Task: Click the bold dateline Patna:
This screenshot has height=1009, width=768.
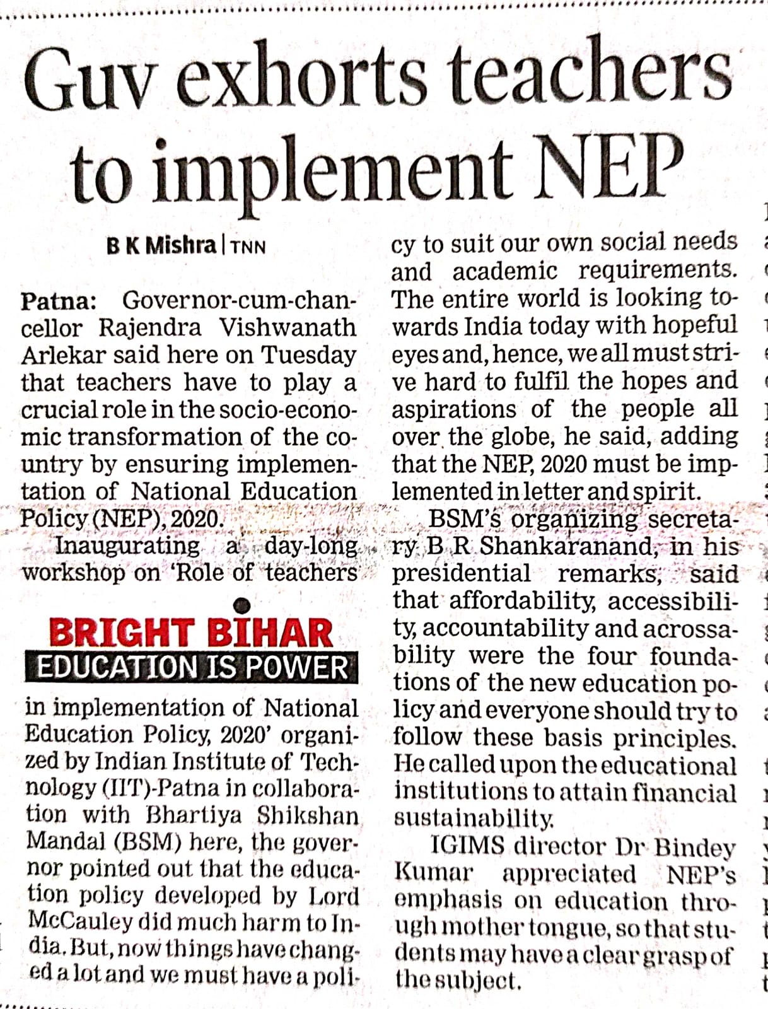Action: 58,301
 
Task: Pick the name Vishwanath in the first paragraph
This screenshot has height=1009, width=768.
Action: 288,328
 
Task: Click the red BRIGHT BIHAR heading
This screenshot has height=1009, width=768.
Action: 190,633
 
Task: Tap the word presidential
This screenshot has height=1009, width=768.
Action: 462,573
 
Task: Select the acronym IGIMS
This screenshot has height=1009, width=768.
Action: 467,846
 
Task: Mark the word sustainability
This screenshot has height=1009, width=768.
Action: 474,819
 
